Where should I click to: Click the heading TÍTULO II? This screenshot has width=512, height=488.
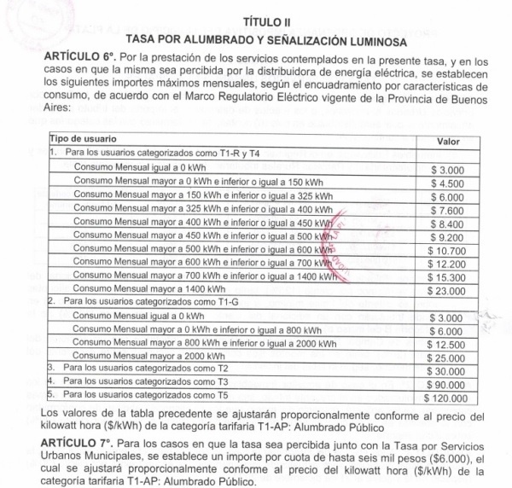pyautogui.click(x=255, y=23)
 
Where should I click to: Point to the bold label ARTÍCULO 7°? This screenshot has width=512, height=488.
pyautogui.click(x=85, y=444)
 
